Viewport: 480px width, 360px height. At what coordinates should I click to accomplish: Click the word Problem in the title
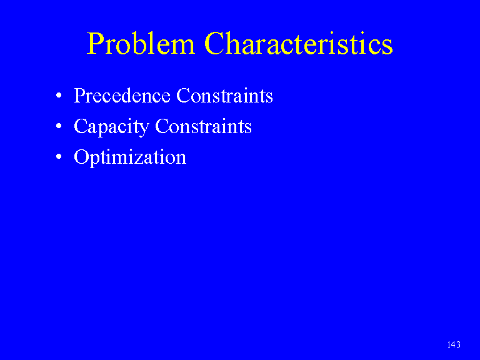[x=141, y=44]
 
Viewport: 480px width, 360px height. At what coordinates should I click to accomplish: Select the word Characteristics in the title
[x=299, y=44]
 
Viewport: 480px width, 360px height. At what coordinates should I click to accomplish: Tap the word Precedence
[x=122, y=96]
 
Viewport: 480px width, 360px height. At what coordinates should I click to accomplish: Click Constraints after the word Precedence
[x=225, y=96]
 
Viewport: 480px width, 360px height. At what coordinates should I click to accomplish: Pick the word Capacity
[x=111, y=127]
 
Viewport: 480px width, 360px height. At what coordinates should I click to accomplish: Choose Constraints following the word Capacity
[x=204, y=126]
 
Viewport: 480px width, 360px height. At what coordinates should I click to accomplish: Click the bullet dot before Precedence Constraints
[x=59, y=96]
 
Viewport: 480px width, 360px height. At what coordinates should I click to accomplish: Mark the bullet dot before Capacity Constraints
[x=59, y=126]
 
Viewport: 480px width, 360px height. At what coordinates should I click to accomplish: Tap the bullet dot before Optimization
[x=59, y=157]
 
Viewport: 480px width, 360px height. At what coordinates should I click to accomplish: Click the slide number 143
[x=454, y=345]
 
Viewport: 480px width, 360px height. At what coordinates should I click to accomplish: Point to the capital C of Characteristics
[x=214, y=44]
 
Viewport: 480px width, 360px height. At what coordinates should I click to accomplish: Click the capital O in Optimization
[x=81, y=157]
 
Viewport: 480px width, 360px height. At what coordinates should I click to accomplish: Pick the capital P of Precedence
[x=79, y=96]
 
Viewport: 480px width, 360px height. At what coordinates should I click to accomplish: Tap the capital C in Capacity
[x=81, y=126]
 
